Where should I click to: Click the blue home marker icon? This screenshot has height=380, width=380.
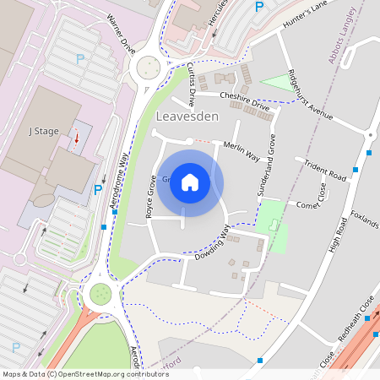pyautogui.click(x=190, y=182)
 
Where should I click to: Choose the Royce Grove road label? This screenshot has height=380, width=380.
pyautogui.click(x=152, y=197)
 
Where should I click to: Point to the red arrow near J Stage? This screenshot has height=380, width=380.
pyautogui.click(x=76, y=137)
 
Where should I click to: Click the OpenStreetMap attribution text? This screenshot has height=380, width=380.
pyautogui.click(x=84, y=373)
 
